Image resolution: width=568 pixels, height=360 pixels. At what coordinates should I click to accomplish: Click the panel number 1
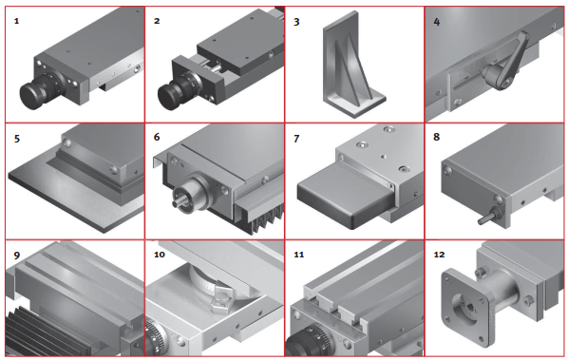[x=16, y=21]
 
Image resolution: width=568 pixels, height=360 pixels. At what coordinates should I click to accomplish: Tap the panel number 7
[x=296, y=139]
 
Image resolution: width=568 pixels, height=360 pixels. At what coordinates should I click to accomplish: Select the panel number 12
[x=439, y=255]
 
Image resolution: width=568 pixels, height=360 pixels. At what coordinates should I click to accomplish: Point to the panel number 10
[x=160, y=255]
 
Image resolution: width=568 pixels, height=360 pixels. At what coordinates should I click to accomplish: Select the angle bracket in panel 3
[x=353, y=66]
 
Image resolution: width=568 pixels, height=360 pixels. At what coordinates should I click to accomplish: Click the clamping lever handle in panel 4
[x=507, y=62]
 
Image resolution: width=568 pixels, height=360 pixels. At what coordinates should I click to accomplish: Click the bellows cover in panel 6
[x=259, y=218]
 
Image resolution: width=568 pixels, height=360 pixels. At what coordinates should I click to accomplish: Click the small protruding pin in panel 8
[x=486, y=217]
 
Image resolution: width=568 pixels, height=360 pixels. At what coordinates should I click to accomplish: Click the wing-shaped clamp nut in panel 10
[x=221, y=300]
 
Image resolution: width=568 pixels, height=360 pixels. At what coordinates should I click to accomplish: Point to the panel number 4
[x=437, y=22]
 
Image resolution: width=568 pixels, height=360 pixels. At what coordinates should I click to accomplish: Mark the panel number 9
[x=17, y=256]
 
